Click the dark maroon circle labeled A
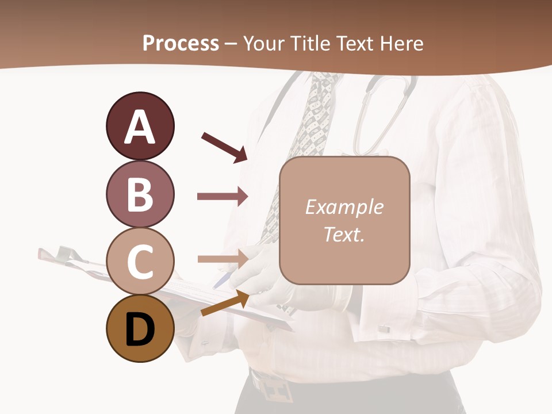140,126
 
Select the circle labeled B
140,194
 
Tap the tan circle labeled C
140,262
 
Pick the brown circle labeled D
140,329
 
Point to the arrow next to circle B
223,197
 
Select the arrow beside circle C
223,259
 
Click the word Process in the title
181,43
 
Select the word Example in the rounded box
344,207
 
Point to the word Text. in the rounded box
344,234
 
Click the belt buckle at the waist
273,386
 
